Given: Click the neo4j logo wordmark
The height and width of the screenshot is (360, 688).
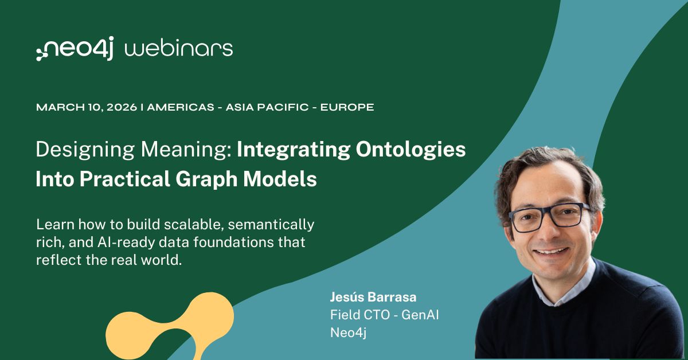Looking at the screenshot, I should [75, 49].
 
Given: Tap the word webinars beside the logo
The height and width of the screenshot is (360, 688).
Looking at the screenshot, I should [179, 49].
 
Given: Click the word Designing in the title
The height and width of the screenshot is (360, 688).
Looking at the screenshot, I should [75, 150].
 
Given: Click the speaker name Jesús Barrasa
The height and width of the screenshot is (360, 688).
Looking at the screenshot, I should [373, 297].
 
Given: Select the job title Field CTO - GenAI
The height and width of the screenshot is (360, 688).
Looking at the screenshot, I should [384, 315].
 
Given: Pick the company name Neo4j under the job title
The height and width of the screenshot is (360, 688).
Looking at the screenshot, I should [348, 332].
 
